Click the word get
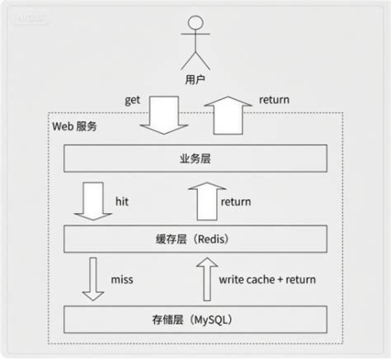tap(134, 99)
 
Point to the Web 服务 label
tap(75, 127)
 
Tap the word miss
tap(121, 279)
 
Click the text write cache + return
tap(267, 279)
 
